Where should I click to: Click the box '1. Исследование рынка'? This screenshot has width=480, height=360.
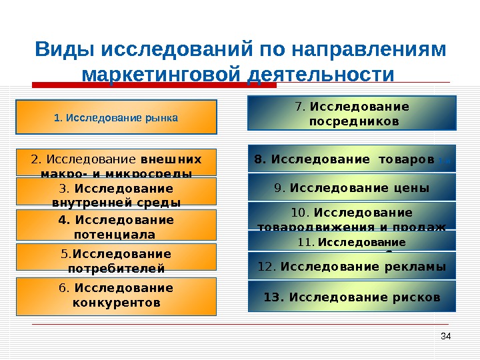coord(117,117)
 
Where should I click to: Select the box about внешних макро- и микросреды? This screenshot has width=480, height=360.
coord(117,162)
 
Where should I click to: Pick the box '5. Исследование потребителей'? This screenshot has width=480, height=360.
coord(117,260)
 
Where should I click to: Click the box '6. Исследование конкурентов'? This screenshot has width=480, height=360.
coord(117,296)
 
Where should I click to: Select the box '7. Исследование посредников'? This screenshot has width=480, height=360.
coord(352,113)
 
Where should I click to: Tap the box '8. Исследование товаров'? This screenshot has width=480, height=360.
coord(352,159)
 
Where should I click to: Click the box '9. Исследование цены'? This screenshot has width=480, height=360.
coord(352,188)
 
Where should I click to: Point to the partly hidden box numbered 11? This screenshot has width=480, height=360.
coord(352,241)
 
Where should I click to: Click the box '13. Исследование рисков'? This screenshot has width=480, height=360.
coord(352,297)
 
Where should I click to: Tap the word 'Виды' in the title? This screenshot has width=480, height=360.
coord(58,50)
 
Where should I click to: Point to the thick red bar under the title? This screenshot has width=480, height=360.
coord(155,85)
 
